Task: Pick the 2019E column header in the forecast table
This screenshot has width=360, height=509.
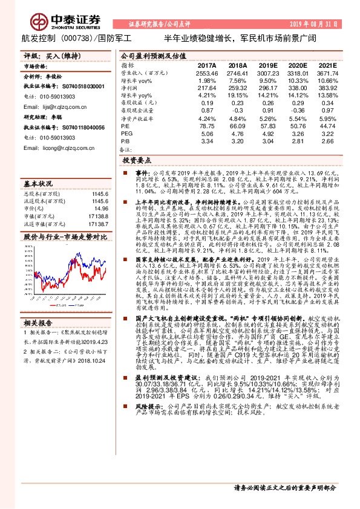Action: click(x=268, y=65)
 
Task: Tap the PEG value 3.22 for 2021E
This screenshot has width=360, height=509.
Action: click(x=327, y=134)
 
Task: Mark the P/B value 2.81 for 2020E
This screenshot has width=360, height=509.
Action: click(x=298, y=141)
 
